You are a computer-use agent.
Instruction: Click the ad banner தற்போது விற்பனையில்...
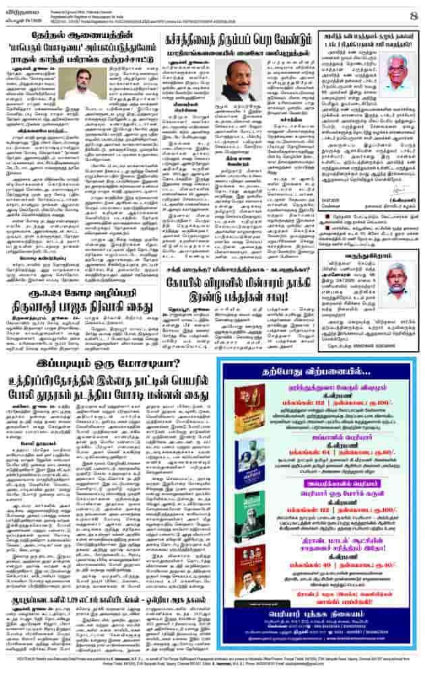click(x=317, y=367)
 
